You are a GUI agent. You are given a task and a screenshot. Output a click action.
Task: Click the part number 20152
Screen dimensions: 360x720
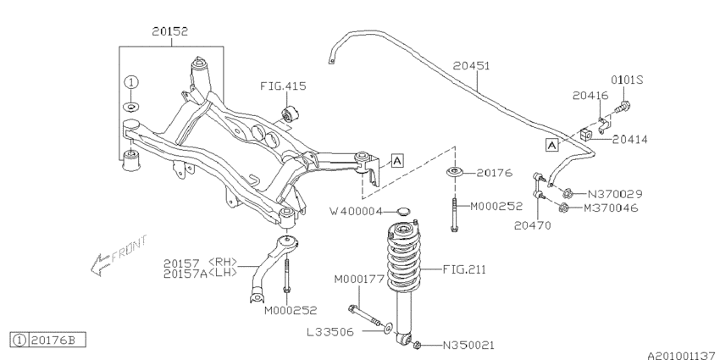(x=169, y=31)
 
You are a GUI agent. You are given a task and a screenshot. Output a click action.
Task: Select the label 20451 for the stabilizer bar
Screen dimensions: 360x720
(x=471, y=64)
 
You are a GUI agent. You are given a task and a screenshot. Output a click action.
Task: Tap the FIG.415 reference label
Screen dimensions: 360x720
(x=284, y=86)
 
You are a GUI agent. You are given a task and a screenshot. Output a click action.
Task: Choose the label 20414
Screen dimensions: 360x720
(x=632, y=139)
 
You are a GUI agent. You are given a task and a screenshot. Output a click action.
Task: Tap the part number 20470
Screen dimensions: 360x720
(x=531, y=225)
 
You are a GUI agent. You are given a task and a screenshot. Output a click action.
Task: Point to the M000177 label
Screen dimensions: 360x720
(x=359, y=279)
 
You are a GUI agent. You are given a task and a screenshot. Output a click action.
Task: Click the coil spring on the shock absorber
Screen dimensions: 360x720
(x=410, y=254)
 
